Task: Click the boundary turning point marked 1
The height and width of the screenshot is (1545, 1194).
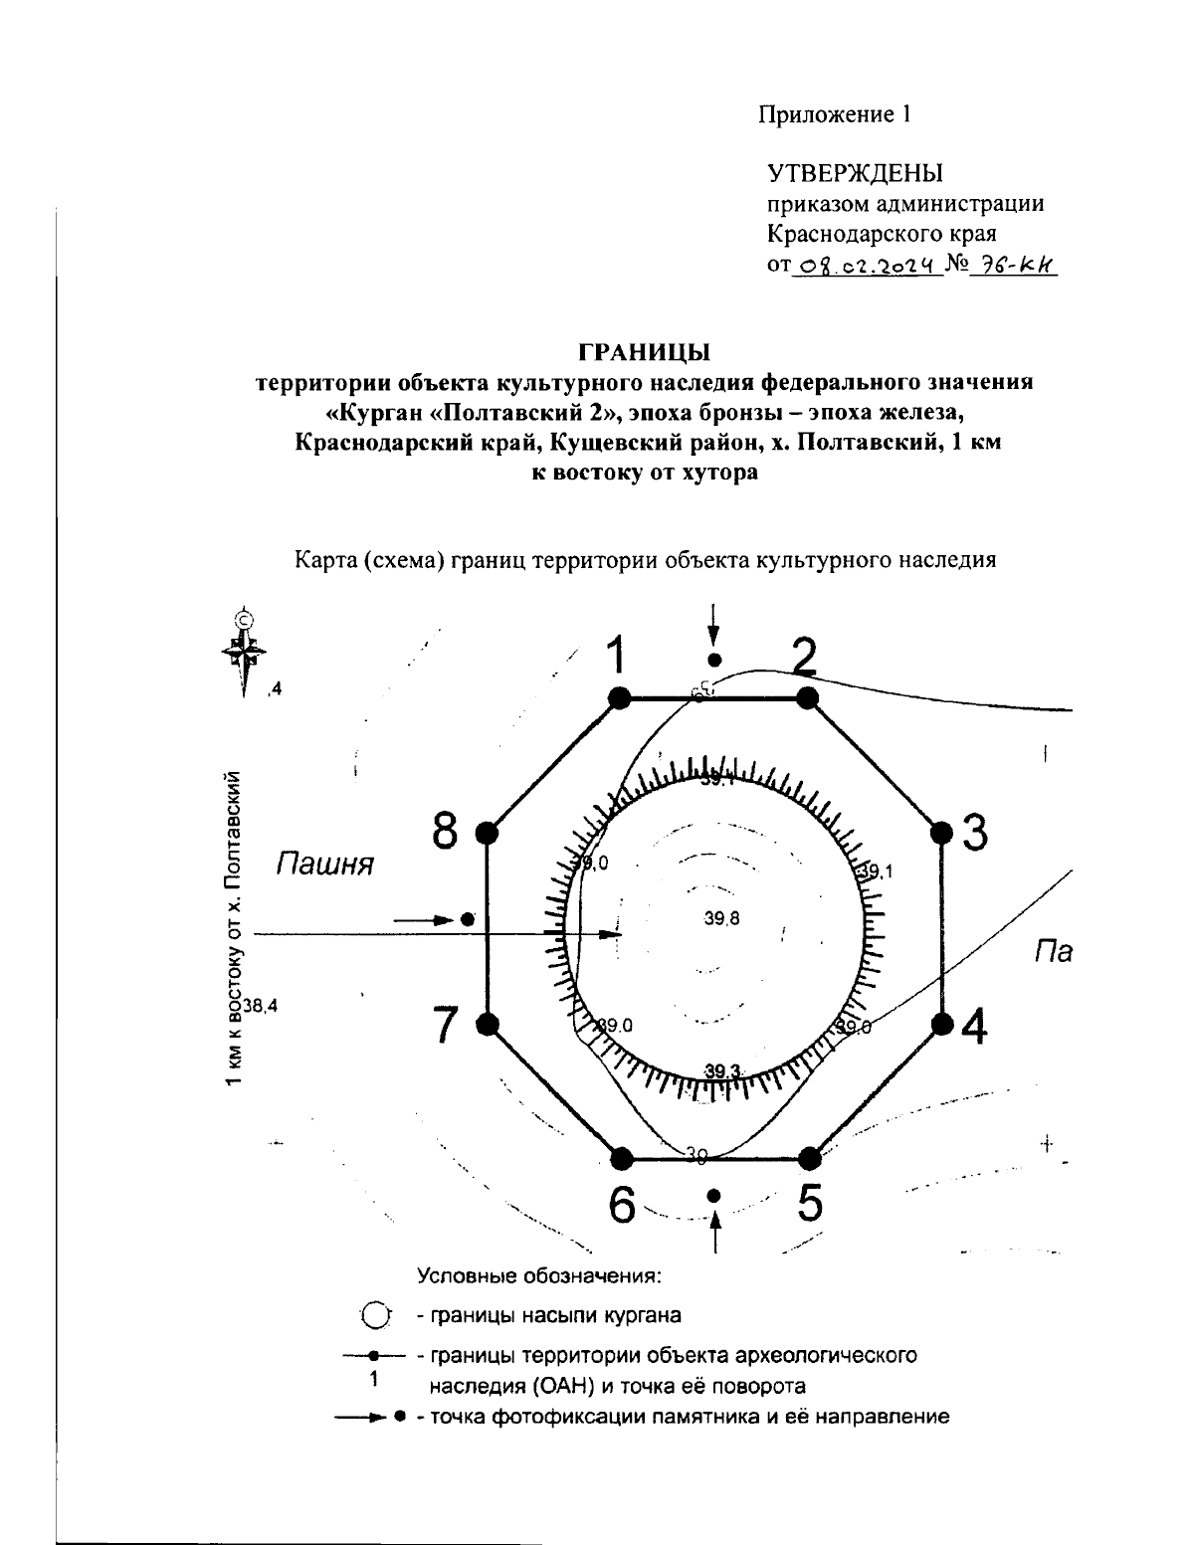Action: [x=619, y=698]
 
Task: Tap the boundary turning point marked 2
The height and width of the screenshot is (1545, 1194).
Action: [x=808, y=698]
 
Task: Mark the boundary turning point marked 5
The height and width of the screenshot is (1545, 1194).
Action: [x=809, y=1157]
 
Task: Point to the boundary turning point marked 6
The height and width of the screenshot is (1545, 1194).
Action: [x=621, y=1158]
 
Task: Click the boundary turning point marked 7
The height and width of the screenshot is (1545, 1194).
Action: [x=488, y=1023]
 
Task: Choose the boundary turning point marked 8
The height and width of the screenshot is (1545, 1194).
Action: [x=487, y=833]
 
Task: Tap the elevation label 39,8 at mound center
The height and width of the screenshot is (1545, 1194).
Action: [x=721, y=919]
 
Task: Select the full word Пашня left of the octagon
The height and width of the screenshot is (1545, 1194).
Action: [x=324, y=865]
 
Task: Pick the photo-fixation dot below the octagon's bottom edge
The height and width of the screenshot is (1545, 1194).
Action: [x=713, y=1195]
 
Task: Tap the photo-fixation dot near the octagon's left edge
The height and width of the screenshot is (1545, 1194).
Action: [x=468, y=920]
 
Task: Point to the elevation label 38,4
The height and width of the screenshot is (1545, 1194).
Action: [x=261, y=1006]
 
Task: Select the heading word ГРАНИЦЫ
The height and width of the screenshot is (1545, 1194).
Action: [x=644, y=353]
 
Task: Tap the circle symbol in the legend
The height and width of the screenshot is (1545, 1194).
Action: [x=374, y=1315]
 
